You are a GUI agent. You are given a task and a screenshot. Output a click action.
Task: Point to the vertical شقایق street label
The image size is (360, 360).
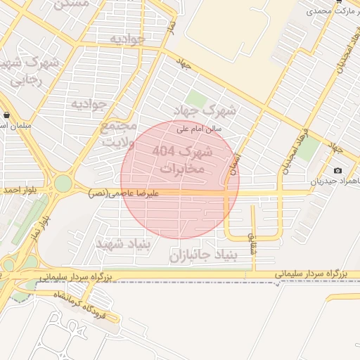click(252, 230)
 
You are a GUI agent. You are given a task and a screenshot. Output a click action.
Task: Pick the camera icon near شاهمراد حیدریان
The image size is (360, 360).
click(337, 170)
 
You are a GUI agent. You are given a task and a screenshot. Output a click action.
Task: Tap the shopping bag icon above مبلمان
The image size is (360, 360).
click(6, 115)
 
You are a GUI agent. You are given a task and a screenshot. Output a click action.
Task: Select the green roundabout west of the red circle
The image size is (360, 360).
click(63, 184)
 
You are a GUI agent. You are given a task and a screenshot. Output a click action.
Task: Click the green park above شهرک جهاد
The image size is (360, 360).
click(196, 98)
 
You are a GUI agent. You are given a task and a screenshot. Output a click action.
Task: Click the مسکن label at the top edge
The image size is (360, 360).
click(72, 4)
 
